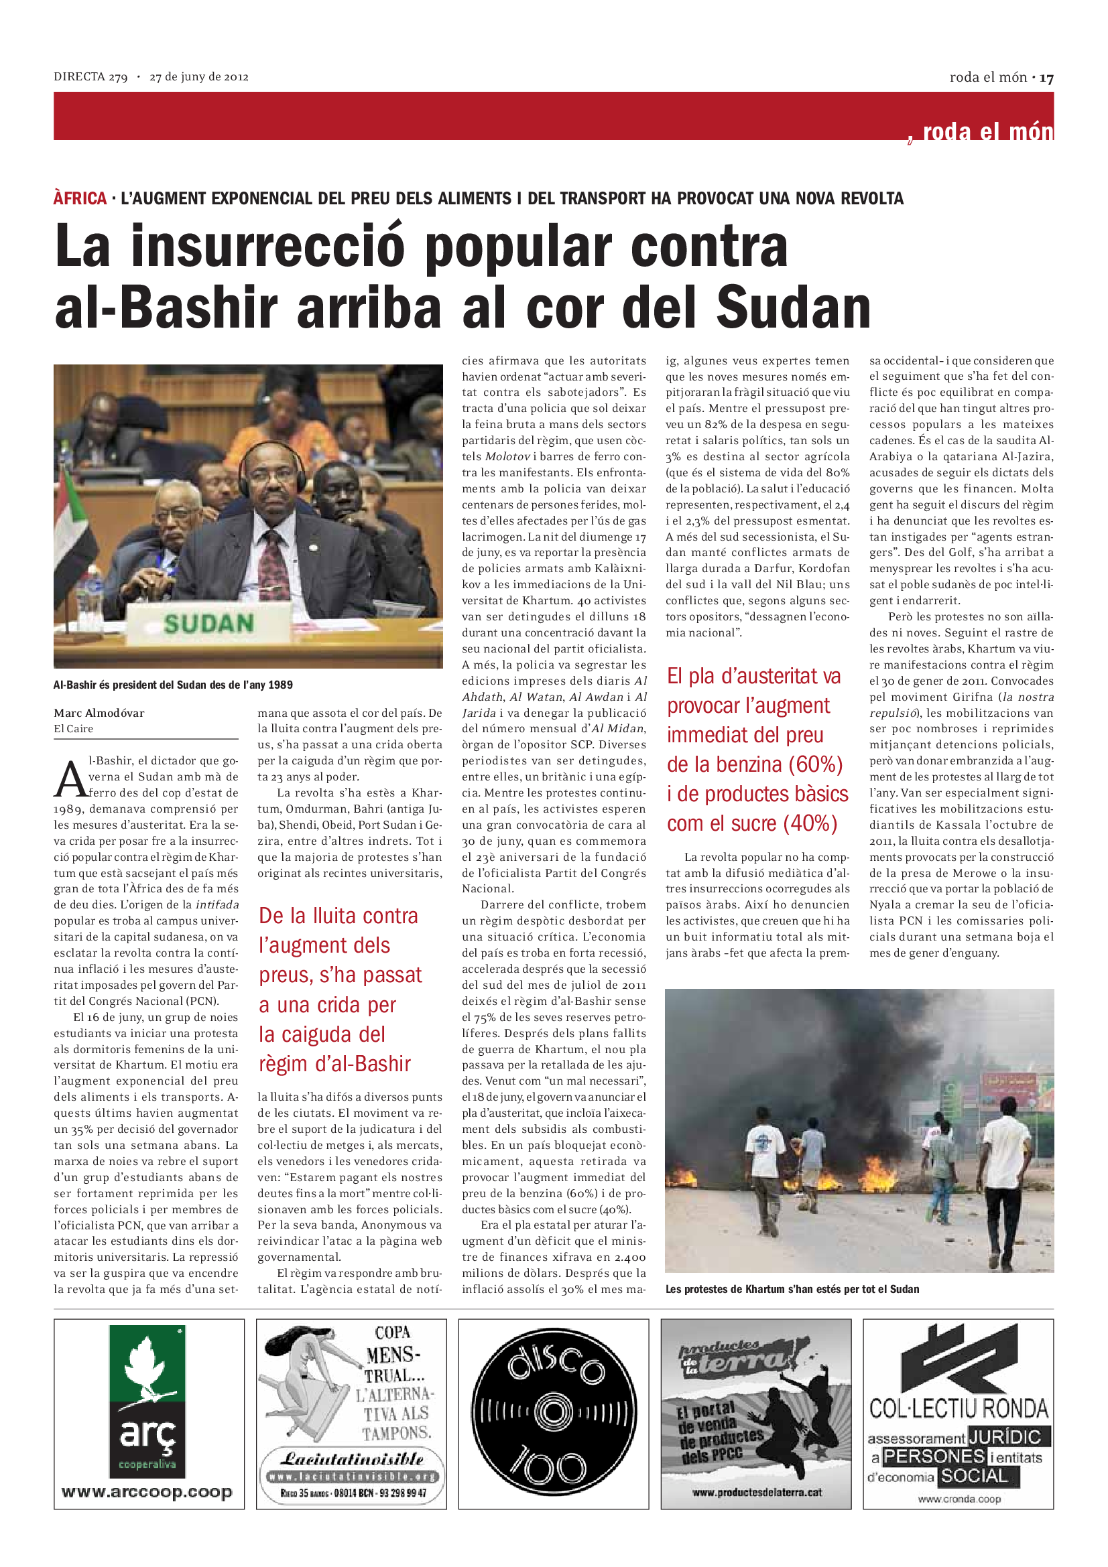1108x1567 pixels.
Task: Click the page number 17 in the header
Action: click(x=1046, y=78)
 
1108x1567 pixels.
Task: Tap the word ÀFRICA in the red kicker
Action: click(x=80, y=198)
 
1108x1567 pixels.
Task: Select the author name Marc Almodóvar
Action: click(x=99, y=713)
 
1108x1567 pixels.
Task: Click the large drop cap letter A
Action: click(x=70, y=778)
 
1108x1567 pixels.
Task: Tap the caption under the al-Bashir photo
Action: click(x=173, y=685)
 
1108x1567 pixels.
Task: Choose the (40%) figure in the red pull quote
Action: click(x=810, y=824)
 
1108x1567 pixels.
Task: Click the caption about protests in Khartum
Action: click(x=792, y=1289)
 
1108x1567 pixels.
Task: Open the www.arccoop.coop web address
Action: click(x=147, y=1492)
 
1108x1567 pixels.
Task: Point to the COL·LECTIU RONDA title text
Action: click(x=959, y=1408)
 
